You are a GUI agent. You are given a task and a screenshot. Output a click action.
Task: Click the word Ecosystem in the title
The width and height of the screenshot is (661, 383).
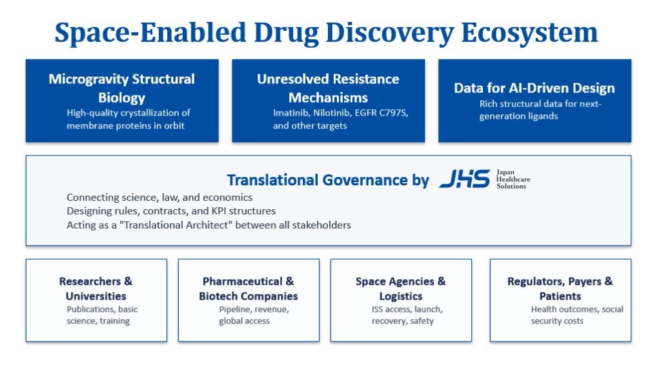pyautogui.click(x=529, y=32)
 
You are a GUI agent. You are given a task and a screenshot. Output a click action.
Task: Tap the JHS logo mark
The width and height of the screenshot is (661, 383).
pyautogui.click(x=465, y=179)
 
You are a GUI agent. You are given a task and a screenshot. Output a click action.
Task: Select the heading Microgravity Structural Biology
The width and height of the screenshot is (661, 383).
pyautogui.click(x=122, y=88)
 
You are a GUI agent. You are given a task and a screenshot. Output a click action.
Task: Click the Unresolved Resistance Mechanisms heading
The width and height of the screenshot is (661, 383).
pyautogui.click(x=329, y=88)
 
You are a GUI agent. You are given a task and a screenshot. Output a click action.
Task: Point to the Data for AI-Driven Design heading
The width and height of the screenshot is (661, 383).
pyautogui.click(x=534, y=88)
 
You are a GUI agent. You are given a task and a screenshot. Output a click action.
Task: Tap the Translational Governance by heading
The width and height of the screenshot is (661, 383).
pyautogui.click(x=328, y=180)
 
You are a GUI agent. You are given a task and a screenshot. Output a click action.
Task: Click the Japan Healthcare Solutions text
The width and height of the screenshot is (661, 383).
pyautogui.click(x=513, y=180)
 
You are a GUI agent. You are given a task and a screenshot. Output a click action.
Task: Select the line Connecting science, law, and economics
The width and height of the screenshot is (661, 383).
pyautogui.click(x=159, y=198)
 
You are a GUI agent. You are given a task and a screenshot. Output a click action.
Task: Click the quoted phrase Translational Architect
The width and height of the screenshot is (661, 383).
pyautogui.click(x=176, y=225)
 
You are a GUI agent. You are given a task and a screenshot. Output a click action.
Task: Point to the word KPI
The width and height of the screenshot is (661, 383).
pyautogui.click(x=219, y=211)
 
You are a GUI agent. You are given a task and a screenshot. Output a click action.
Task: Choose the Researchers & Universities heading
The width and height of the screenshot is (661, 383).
pyautogui.click(x=96, y=289)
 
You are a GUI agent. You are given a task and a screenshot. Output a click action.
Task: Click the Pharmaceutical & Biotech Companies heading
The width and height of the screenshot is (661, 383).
pyautogui.click(x=249, y=289)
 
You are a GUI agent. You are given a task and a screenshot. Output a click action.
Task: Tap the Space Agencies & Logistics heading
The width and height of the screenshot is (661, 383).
pyautogui.click(x=400, y=289)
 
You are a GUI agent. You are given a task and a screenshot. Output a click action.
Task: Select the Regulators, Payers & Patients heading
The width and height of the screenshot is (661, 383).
pyautogui.click(x=560, y=289)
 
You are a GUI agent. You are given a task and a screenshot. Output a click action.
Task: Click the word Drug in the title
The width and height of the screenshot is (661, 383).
pyautogui.click(x=286, y=34)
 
